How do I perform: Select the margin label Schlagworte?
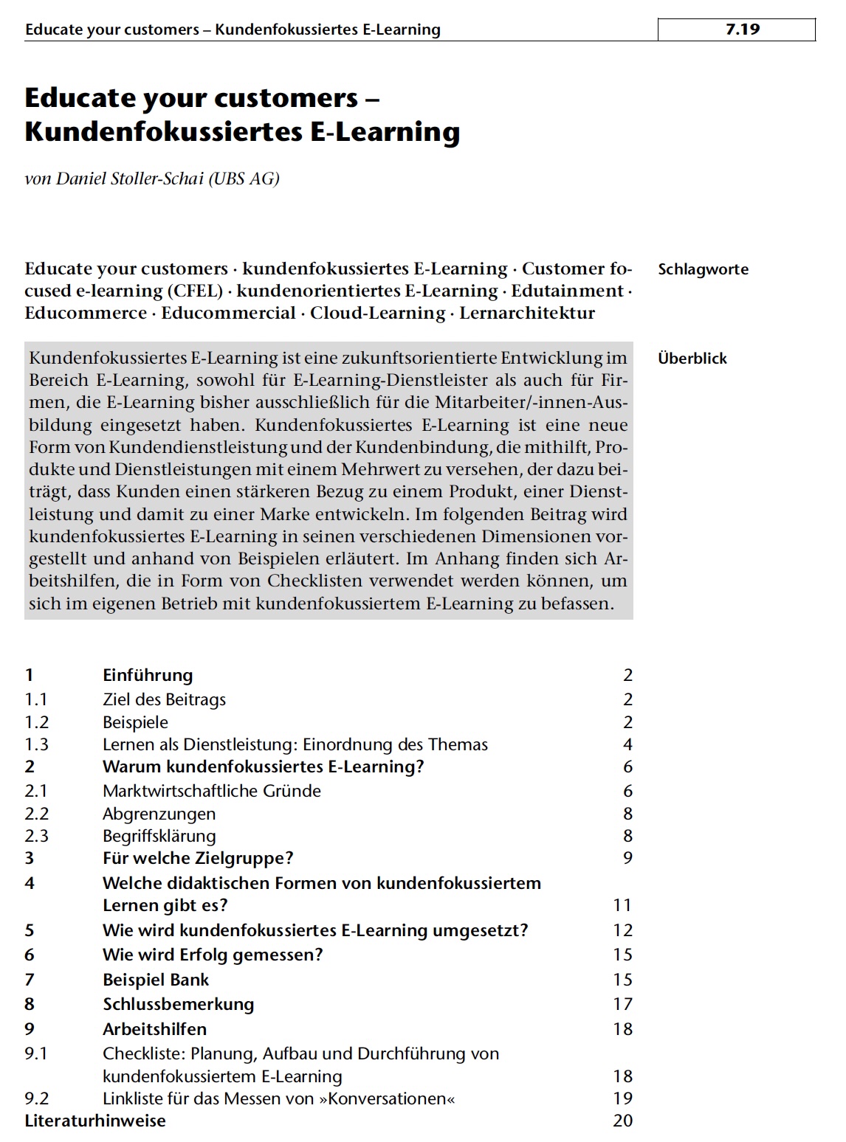tap(703, 269)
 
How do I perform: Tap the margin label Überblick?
tap(692, 359)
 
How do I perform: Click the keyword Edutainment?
tap(567, 291)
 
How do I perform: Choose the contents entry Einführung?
tap(148, 675)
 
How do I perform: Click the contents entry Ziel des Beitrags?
tap(164, 699)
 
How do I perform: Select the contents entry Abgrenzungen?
tap(159, 814)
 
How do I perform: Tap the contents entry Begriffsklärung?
tap(159, 836)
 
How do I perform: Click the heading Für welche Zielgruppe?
tap(198, 858)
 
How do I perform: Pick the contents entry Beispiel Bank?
tap(156, 980)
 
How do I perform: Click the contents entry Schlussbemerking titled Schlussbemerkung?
tap(178, 1004)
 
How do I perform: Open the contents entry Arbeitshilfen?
tap(154, 1029)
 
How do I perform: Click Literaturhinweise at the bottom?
tap(95, 1121)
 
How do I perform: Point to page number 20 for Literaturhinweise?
tap(622, 1121)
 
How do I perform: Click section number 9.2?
tap(37, 1098)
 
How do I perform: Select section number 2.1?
tap(36, 791)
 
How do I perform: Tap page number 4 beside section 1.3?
tap(627, 744)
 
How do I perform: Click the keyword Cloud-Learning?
tap(377, 313)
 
